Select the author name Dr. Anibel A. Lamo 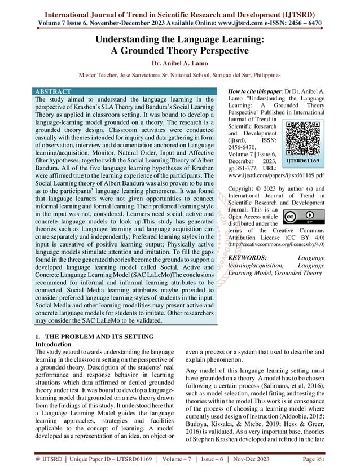coord(179,64)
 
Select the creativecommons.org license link coord(279,244)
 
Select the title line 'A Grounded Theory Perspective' coord(179,51)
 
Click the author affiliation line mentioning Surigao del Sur coord(179,75)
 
